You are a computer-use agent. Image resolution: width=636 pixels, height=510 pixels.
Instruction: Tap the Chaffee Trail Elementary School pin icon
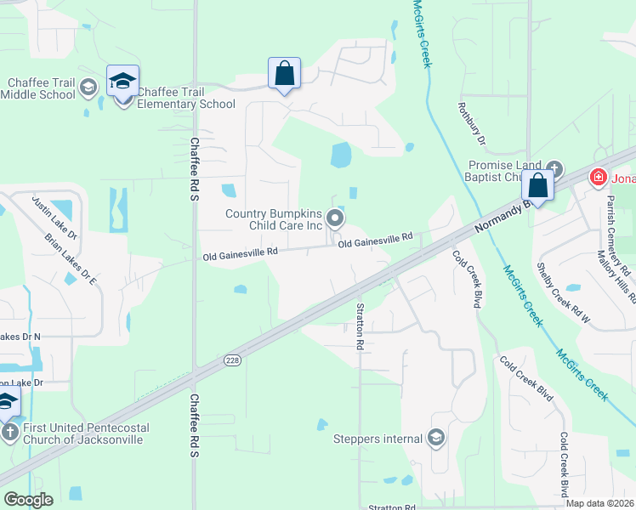point(122,82)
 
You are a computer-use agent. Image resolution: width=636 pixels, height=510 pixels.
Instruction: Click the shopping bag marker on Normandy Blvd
point(537,184)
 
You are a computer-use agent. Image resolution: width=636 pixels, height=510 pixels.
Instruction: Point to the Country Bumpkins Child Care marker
point(335,220)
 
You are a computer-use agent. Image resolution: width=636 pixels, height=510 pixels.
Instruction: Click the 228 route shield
point(232,361)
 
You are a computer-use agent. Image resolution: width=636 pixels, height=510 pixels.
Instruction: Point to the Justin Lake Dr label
point(54,218)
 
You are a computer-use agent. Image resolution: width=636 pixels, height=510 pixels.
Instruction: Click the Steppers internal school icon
point(436,439)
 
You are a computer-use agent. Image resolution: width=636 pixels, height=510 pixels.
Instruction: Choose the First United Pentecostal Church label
point(83,433)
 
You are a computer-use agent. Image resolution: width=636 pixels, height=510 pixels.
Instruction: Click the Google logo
point(28,499)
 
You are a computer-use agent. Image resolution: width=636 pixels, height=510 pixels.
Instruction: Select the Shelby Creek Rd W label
point(562,292)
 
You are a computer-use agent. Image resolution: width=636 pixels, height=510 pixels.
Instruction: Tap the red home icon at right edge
point(599,178)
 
